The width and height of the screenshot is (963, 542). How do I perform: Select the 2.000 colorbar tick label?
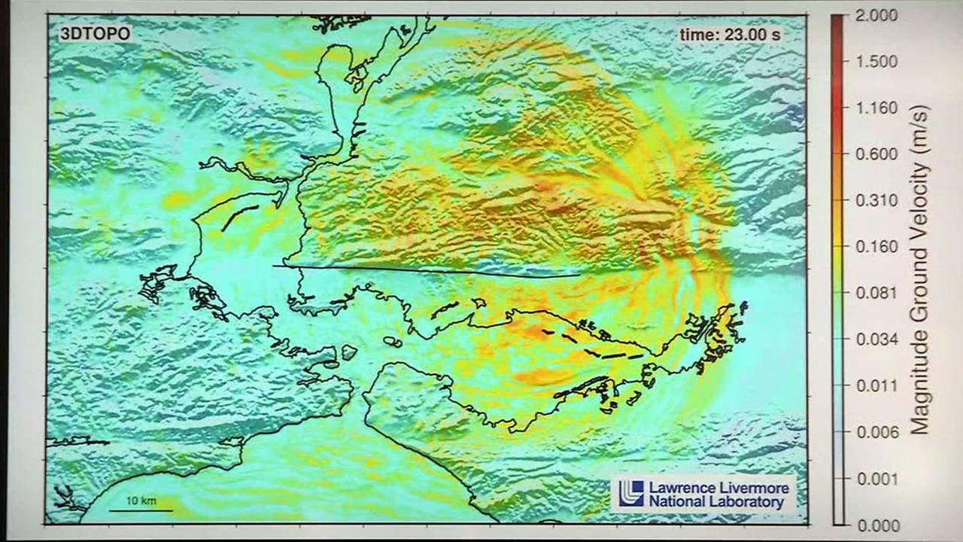coord(876,14)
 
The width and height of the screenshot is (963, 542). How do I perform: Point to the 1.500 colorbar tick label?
coord(876,61)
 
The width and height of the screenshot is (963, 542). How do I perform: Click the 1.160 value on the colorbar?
coord(876,108)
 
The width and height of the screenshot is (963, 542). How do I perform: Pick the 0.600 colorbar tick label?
coord(876,154)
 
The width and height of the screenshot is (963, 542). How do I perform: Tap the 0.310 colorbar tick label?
coord(876,200)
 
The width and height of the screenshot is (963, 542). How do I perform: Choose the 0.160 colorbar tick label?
coord(876,246)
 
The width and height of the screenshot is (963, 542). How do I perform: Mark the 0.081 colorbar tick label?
coord(876,293)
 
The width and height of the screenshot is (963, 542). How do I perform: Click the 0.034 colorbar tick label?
coord(876,340)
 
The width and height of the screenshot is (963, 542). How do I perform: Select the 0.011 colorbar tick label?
coord(876,385)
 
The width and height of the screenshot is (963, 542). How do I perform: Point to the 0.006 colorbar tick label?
coord(876,432)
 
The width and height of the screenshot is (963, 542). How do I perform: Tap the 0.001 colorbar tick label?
coord(876,479)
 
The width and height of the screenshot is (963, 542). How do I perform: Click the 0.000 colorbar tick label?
coord(876,525)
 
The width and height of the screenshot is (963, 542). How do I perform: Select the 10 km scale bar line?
coord(141,511)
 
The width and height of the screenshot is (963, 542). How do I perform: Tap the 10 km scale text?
coord(140,501)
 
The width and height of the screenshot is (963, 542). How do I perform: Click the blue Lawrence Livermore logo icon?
coord(631,492)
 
